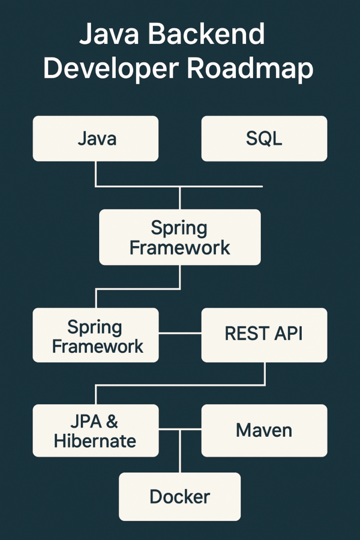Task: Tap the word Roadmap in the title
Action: [x=250, y=69]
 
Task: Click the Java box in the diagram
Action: [x=96, y=139]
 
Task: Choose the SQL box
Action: [x=264, y=139]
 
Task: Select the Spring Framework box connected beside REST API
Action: [x=96, y=335]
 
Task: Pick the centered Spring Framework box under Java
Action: [x=180, y=237]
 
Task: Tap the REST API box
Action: [x=264, y=334]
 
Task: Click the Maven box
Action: [x=264, y=430]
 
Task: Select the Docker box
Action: [x=180, y=497]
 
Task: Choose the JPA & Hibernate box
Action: [x=96, y=431]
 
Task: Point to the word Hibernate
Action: [x=95, y=441]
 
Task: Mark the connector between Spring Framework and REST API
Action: [x=180, y=333]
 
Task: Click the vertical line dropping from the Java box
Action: [x=96, y=173]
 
